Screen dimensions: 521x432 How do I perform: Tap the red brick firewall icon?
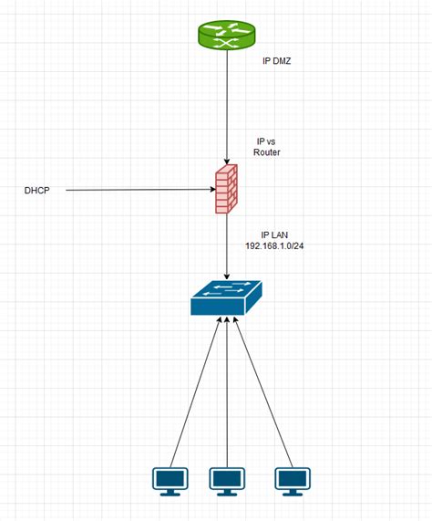[x=226, y=189]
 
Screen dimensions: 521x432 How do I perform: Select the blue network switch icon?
[x=227, y=297]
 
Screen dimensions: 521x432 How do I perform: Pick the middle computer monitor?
[x=227, y=480]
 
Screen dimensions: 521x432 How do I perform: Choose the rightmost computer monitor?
[x=292, y=480]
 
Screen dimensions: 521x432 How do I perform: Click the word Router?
[x=266, y=152]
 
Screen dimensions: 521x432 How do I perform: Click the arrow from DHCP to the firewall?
[x=137, y=190]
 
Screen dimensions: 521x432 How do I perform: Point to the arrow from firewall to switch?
[x=227, y=246]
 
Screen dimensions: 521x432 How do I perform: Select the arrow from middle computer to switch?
[x=227, y=392]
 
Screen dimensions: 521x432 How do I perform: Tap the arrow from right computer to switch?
[x=264, y=392]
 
